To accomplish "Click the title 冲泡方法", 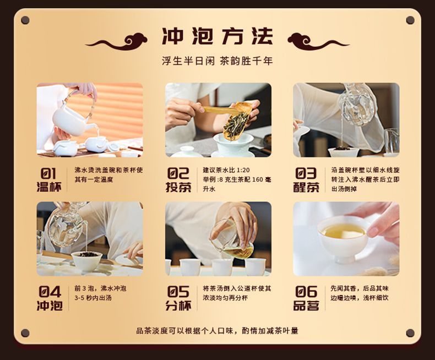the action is (218, 36).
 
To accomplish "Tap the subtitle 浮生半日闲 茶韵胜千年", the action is (217, 61).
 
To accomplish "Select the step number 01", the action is (48, 173).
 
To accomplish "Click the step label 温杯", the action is (49, 187).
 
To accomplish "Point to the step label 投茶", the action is (178, 187).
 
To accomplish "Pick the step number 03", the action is (306, 173).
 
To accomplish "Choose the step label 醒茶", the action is (306, 187).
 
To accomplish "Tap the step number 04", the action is (50, 292).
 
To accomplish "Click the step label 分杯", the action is (178, 306).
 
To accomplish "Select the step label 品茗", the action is (306, 306).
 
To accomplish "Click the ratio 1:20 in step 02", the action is (243, 170).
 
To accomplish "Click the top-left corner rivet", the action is (25, 20).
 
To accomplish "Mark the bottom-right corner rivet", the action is (410, 333).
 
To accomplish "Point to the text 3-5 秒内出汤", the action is (93, 298).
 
